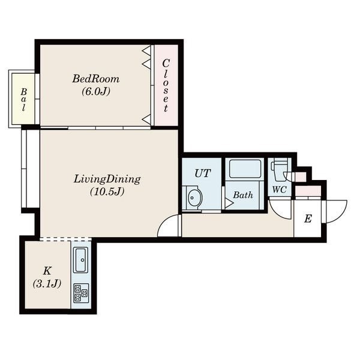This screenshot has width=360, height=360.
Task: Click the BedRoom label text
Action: (x=96, y=79)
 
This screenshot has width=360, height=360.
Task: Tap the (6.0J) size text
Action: (x=96, y=92)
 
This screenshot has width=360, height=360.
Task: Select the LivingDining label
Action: (x=107, y=179)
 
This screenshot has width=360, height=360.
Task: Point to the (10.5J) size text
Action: (x=107, y=191)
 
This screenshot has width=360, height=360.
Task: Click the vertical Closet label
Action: (x=166, y=85)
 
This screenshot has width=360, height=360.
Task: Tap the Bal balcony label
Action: (x=23, y=100)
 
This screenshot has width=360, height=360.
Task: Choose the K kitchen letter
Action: (x=47, y=271)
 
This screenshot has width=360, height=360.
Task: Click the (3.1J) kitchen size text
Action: (x=47, y=284)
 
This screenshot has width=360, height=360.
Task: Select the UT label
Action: (x=203, y=173)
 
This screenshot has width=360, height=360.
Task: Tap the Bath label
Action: (x=243, y=195)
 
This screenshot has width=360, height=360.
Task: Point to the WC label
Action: (x=279, y=190)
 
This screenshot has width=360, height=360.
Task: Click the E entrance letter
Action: (x=308, y=219)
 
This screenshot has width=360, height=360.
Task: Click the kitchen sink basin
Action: (x=81, y=260)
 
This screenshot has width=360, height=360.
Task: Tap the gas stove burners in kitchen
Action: (x=81, y=293)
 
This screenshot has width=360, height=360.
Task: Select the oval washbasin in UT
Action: (x=194, y=197)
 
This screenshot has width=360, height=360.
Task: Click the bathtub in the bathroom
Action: (x=245, y=169)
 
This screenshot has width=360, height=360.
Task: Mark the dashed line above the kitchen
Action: (x=65, y=239)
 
